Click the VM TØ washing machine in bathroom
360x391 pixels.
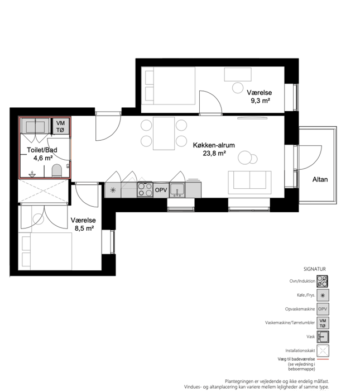[60, 126]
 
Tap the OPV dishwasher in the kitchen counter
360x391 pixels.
[161, 190]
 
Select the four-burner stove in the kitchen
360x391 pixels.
[145, 189]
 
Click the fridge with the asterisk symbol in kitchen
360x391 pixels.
[113, 190]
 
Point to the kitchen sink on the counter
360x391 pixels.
[177, 190]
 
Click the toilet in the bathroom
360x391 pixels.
[56, 170]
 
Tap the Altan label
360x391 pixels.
[320, 179]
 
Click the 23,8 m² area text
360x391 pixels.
[214, 154]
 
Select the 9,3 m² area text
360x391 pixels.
[260, 101]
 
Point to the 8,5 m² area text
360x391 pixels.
[84, 228]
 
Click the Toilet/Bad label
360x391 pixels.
[42, 150]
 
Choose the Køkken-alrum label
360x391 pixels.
[214, 145]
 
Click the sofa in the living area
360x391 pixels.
[249, 182]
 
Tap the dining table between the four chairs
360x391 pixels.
[164, 133]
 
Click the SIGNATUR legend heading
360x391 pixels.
[314, 269]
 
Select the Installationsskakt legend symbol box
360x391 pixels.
[323, 351]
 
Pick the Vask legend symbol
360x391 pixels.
[323, 337]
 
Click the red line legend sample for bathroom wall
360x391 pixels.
[323, 359]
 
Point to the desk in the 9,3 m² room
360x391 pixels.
[238, 74]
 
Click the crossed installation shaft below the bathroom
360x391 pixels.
[43, 191]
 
